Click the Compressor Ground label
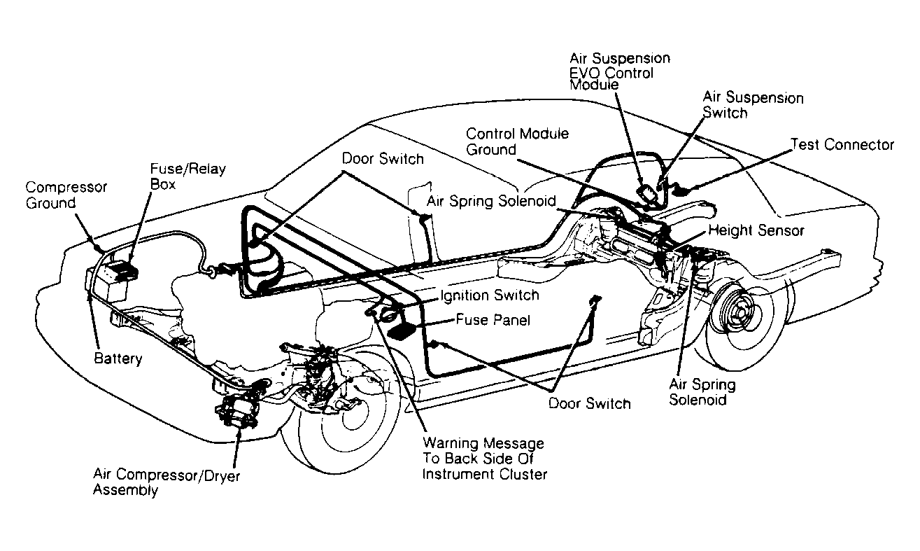[x=66, y=195]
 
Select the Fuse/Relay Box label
[x=187, y=176]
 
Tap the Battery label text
[x=118, y=358]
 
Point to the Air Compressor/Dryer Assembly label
[x=167, y=482]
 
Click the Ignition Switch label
[x=490, y=295]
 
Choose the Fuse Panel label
[x=493, y=320]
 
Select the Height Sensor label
[x=756, y=230]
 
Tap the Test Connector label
[x=842, y=145]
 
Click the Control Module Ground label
[x=517, y=141]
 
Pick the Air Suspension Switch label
[x=753, y=105]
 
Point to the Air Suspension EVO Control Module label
[x=620, y=71]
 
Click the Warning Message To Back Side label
[x=485, y=458]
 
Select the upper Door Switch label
[x=383, y=159]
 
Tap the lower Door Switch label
[x=589, y=403]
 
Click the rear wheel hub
[x=739, y=313]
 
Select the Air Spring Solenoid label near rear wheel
[x=702, y=392]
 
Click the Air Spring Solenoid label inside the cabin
[x=491, y=201]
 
